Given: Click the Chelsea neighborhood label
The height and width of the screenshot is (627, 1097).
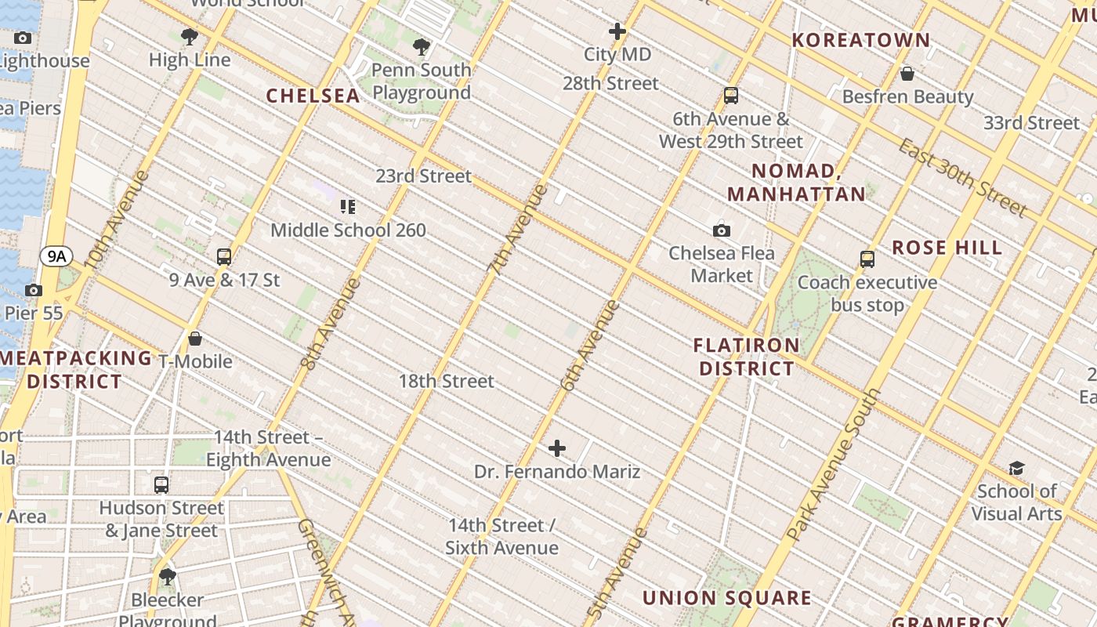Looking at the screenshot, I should (313, 96).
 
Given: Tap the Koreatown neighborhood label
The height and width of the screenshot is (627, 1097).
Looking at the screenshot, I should (861, 40).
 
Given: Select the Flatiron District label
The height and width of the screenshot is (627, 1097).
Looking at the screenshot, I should (747, 357).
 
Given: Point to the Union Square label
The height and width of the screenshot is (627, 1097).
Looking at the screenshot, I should (727, 598).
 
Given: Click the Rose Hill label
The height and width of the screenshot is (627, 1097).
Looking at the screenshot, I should (947, 248).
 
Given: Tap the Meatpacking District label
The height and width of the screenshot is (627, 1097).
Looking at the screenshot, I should (75, 370).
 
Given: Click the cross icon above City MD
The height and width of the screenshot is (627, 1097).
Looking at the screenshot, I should (617, 31).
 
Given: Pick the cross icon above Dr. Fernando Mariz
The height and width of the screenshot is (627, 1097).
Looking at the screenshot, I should (557, 448).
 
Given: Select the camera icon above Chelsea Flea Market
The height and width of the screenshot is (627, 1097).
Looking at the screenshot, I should (722, 230).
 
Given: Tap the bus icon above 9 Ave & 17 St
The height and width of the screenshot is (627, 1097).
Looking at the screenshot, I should (224, 256).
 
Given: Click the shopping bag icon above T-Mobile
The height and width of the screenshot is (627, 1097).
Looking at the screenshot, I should (195, 339).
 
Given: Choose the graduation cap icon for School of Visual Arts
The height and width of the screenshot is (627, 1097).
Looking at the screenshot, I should (1016, 468).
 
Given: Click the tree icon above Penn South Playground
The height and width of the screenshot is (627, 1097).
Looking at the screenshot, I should (422, 47).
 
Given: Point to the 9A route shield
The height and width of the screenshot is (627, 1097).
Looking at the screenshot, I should (56, 256).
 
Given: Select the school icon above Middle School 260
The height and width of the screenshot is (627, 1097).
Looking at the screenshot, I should (348, 207).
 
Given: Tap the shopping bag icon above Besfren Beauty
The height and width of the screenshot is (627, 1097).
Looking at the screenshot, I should (907, 74).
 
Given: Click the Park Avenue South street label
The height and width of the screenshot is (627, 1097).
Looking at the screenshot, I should (833, 466).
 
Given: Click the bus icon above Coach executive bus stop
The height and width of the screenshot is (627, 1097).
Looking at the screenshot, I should (867, 259).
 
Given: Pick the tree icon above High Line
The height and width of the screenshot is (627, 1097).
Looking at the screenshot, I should (189, 36).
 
